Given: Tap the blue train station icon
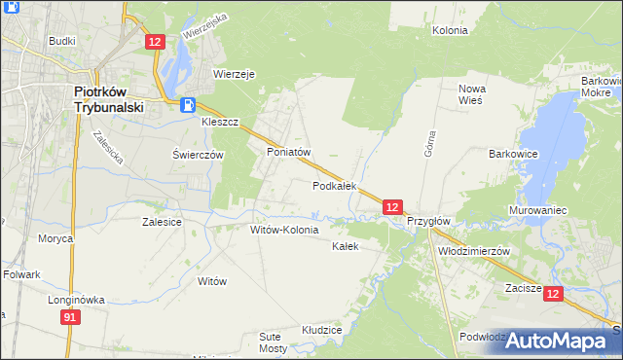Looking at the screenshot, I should [x=188, y=105].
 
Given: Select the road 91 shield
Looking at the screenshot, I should [x=69, y=318].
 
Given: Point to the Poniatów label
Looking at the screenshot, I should [x=288, y=153].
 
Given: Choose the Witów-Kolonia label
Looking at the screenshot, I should [x=284, y=230].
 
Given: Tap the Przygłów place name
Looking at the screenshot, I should [x=428, y=221].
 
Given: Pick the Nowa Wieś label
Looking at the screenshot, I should [x=472, y=94].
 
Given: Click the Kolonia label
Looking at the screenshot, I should [x=451, y=30].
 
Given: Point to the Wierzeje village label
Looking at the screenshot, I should [x=234, y=73].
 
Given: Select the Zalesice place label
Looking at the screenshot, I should [x=162, y=222].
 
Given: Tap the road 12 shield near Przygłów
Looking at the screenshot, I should [x=391, y=206].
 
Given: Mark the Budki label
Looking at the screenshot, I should [x=61, y=42].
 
